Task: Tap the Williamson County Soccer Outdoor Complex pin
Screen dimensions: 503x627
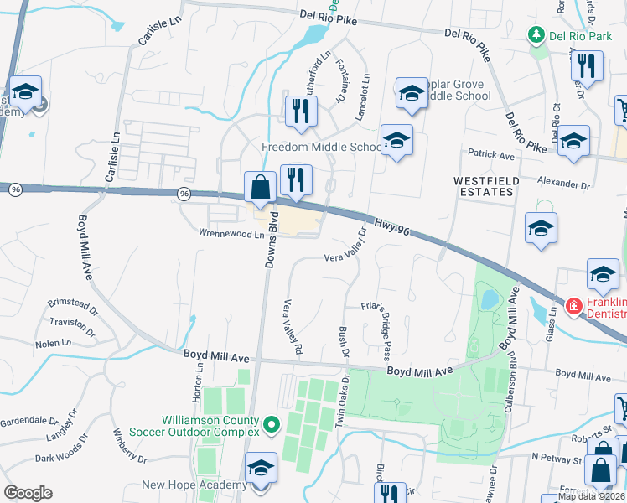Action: point(271,426)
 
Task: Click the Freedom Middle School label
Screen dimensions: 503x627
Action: point(322,148)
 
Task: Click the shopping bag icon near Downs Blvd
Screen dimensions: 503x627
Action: point(260,189)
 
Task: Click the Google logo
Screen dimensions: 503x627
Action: point(28,492)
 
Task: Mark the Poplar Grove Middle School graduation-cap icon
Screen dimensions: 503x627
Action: point(412,96)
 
